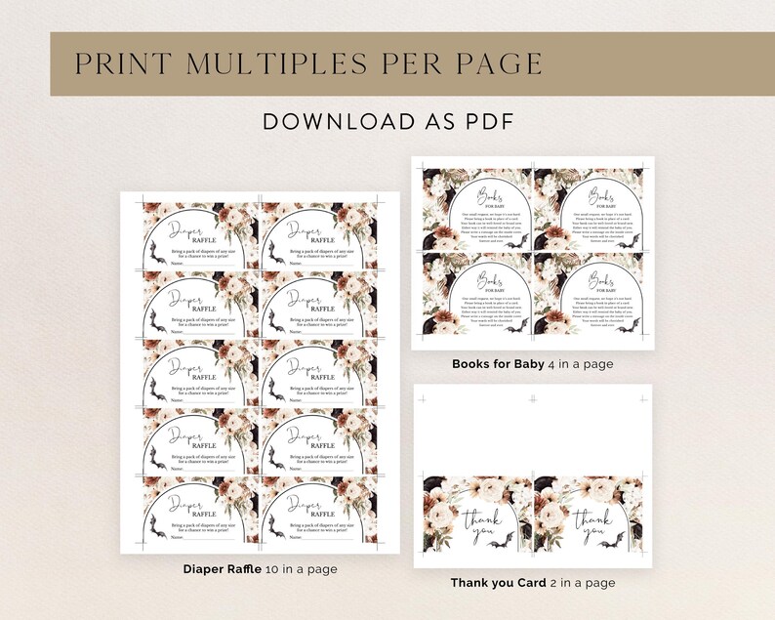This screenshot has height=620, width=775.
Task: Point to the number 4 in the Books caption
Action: (552, 364)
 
